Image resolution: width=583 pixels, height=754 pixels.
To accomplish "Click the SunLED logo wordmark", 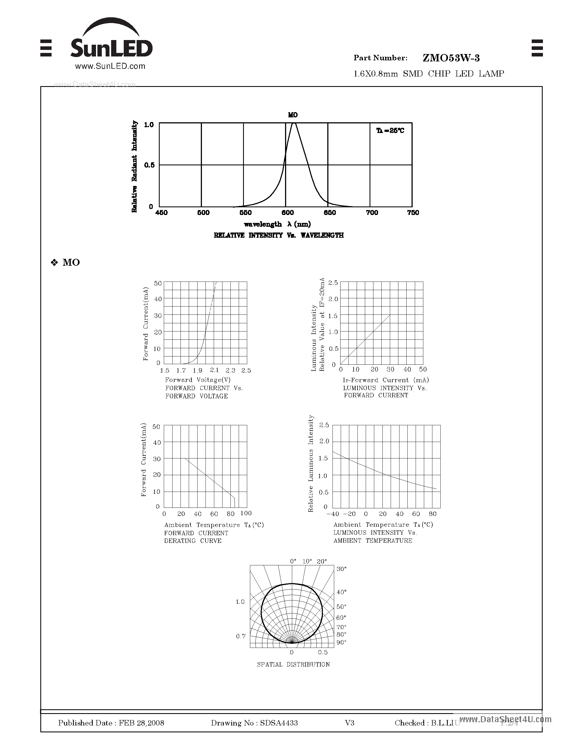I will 111,48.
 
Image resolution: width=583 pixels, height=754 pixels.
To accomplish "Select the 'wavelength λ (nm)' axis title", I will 277,224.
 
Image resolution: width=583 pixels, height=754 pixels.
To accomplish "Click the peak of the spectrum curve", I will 294,123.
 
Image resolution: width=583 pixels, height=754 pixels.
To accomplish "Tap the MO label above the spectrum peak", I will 293,115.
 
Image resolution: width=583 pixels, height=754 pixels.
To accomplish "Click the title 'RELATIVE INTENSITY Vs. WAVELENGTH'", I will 279,236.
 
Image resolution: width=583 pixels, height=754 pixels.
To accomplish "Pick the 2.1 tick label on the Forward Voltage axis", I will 214,370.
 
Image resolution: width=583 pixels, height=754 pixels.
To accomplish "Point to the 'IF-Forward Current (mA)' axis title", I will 386,380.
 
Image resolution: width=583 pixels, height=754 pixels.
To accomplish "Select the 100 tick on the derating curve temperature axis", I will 246,513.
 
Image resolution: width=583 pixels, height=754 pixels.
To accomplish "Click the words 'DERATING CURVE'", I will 193,541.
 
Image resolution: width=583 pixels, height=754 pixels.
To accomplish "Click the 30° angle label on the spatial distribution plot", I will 341,569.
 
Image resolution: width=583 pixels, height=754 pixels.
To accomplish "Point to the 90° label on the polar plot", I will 341,642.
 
